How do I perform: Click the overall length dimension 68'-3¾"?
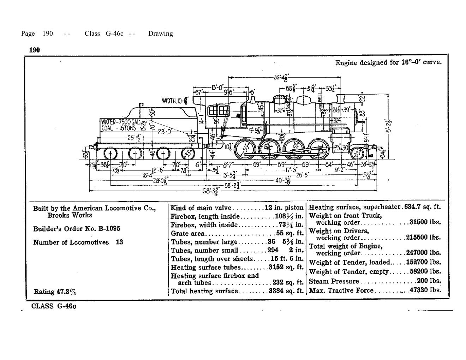coord(210,191)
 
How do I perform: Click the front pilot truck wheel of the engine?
coord(358,153)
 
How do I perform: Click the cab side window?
coord(218,111)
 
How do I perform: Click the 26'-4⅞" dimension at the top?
coord(281,77)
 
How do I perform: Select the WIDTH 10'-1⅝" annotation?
coord(175,101)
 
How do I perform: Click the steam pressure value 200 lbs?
coord(429,281)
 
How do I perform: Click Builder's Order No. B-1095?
coord(77,229)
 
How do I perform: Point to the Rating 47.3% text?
coord(55,292)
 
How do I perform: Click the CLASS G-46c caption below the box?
coord(53,306)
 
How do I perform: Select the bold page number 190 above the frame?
coord(34,50)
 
